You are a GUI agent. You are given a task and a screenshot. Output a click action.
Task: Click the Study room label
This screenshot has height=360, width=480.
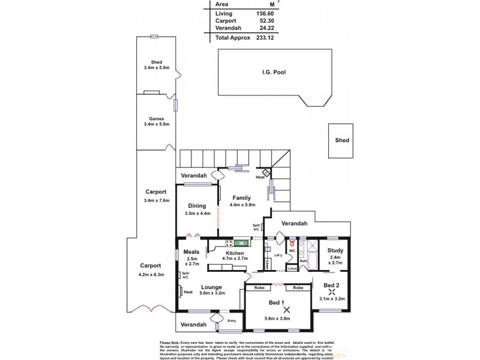pyautogui.click(x=337, y=251)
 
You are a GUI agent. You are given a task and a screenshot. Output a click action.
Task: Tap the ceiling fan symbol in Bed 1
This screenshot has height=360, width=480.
pyautogui.click(x=286, y=310)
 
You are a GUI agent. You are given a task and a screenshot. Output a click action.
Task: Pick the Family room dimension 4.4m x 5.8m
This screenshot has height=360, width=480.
pyautogui.click(x=242, y=205)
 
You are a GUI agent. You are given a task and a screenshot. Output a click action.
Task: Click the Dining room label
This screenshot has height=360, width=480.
pyautogui.click(x=197, y=206)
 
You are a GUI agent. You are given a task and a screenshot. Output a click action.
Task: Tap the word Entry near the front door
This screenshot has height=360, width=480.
pyautogui.click(x=232, y=320)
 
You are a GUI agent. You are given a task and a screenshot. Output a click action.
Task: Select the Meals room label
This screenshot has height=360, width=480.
pyautogui.click(x=191, y=252)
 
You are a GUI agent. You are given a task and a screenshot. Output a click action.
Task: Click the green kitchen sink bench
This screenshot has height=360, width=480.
pyautogui.click(x=240, y=242)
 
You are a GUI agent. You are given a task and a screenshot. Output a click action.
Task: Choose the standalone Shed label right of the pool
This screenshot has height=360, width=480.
pyautogui.click(x=341, y=140)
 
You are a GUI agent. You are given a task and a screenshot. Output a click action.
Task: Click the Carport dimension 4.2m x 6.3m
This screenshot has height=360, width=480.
pyautogui.click(x=151, y=275)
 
